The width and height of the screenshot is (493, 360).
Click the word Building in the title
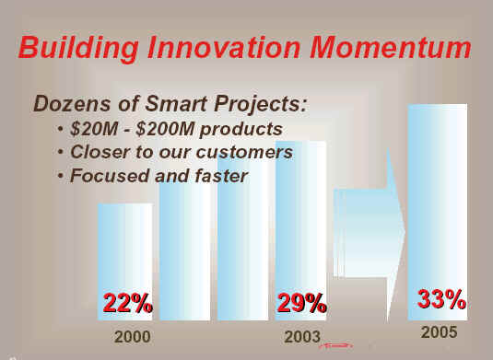point(78,48)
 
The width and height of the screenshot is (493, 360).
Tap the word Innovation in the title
point(224,47)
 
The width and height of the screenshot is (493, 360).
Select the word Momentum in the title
point(390,47)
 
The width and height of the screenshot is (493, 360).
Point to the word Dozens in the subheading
point(72,104)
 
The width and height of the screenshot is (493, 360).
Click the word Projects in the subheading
point(260,104)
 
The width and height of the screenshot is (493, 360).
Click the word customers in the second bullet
point(244,152)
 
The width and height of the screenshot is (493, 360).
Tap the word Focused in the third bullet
point(110,175)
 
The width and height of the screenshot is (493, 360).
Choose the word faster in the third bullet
point(221,175)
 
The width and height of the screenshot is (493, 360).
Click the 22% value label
point(128,303)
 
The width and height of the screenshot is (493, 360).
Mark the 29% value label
point(301,303)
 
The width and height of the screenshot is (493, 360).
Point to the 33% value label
point(441,299)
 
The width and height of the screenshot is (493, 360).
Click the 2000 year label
point(133,337)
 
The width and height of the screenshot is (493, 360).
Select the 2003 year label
point(302,337)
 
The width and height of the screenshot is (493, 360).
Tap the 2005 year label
point(439,332)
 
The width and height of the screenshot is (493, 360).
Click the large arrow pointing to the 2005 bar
point(370,233)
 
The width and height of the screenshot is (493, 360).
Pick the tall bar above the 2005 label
point(438,212)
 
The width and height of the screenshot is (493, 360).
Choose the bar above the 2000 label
point(125,262)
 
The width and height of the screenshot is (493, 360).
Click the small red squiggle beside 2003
point(335,346)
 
